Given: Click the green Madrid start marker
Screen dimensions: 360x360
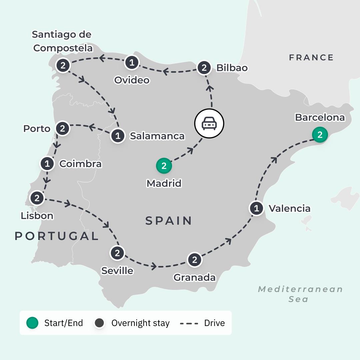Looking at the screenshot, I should [164, 166].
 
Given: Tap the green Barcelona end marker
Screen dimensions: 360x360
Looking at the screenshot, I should [320, 135].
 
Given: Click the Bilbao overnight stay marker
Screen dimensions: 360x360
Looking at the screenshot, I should [204, 68].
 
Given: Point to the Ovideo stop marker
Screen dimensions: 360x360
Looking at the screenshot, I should [132, 62].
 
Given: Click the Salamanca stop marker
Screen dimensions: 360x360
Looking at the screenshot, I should [118, 136].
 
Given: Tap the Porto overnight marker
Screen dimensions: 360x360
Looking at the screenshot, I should [62, 128].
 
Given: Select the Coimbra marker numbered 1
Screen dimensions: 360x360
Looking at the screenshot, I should [47, 164].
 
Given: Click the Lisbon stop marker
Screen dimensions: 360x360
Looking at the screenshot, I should [37, 198].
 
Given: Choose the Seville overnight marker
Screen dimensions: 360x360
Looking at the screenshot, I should [117, 253].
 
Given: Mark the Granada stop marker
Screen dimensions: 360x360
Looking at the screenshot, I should [195, 260].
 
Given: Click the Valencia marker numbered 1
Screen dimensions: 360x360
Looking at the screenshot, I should [256, 209].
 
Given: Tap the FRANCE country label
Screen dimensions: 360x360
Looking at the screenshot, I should [311, 58].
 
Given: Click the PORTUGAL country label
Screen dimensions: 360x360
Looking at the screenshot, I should [57, 236].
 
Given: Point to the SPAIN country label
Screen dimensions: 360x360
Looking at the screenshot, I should [169, 221].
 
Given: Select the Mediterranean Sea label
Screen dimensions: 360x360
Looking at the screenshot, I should [300, 294].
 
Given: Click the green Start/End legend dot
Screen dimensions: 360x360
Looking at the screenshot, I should [32, 323].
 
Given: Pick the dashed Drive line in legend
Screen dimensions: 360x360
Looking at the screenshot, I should [189, 323].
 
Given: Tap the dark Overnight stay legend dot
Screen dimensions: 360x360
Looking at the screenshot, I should [99, 323].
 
